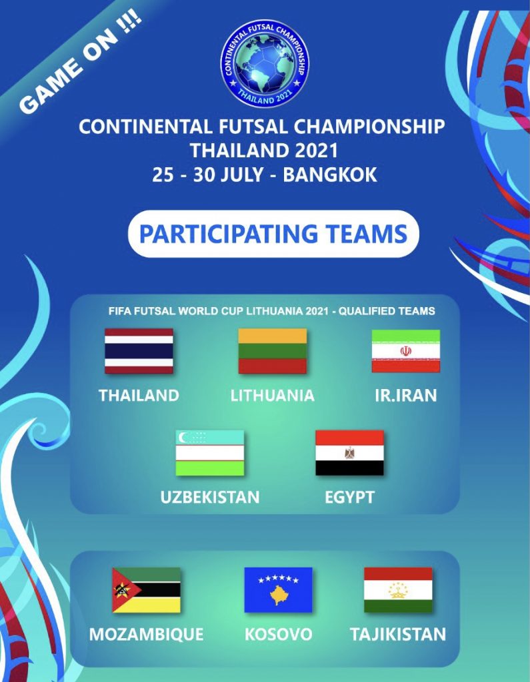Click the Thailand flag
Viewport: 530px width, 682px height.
pos(139,351)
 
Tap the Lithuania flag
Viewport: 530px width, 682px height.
pos(273,351)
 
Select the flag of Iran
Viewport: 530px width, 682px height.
pos(406,351)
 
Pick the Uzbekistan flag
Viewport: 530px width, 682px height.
pos(210,453)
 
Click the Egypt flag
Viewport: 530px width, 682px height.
pos(350,453)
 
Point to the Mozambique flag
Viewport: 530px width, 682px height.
pos(146,590)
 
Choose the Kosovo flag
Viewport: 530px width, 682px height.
pos(278,590)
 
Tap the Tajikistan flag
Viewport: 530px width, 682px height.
pos(398,590)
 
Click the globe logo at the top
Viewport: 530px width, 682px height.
pos(265,63)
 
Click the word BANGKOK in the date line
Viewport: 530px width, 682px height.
pos(330,175)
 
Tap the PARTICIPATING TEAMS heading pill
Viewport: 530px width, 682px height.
pos(273,234)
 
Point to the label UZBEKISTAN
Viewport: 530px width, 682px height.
pos(210,497)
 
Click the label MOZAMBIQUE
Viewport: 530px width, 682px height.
pos(146,634)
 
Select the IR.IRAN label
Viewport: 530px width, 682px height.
pos(406,396)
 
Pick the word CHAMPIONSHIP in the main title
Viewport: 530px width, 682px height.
pos(369,127)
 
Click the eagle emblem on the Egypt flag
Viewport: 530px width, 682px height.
pos(349,453)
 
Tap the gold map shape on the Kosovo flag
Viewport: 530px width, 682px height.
pos(278,595)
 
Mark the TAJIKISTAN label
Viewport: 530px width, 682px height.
pos(398,634)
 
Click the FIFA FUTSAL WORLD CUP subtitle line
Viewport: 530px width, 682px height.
pos(272,311)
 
